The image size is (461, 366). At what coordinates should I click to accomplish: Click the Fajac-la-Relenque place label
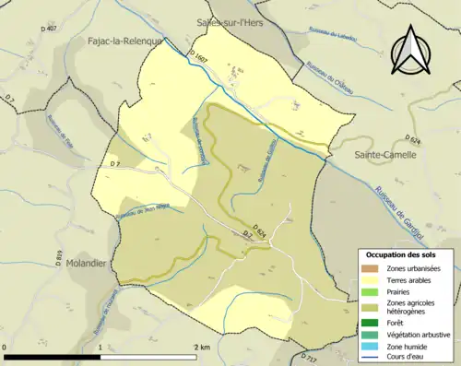pyautogui.click(x=124, y=41)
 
